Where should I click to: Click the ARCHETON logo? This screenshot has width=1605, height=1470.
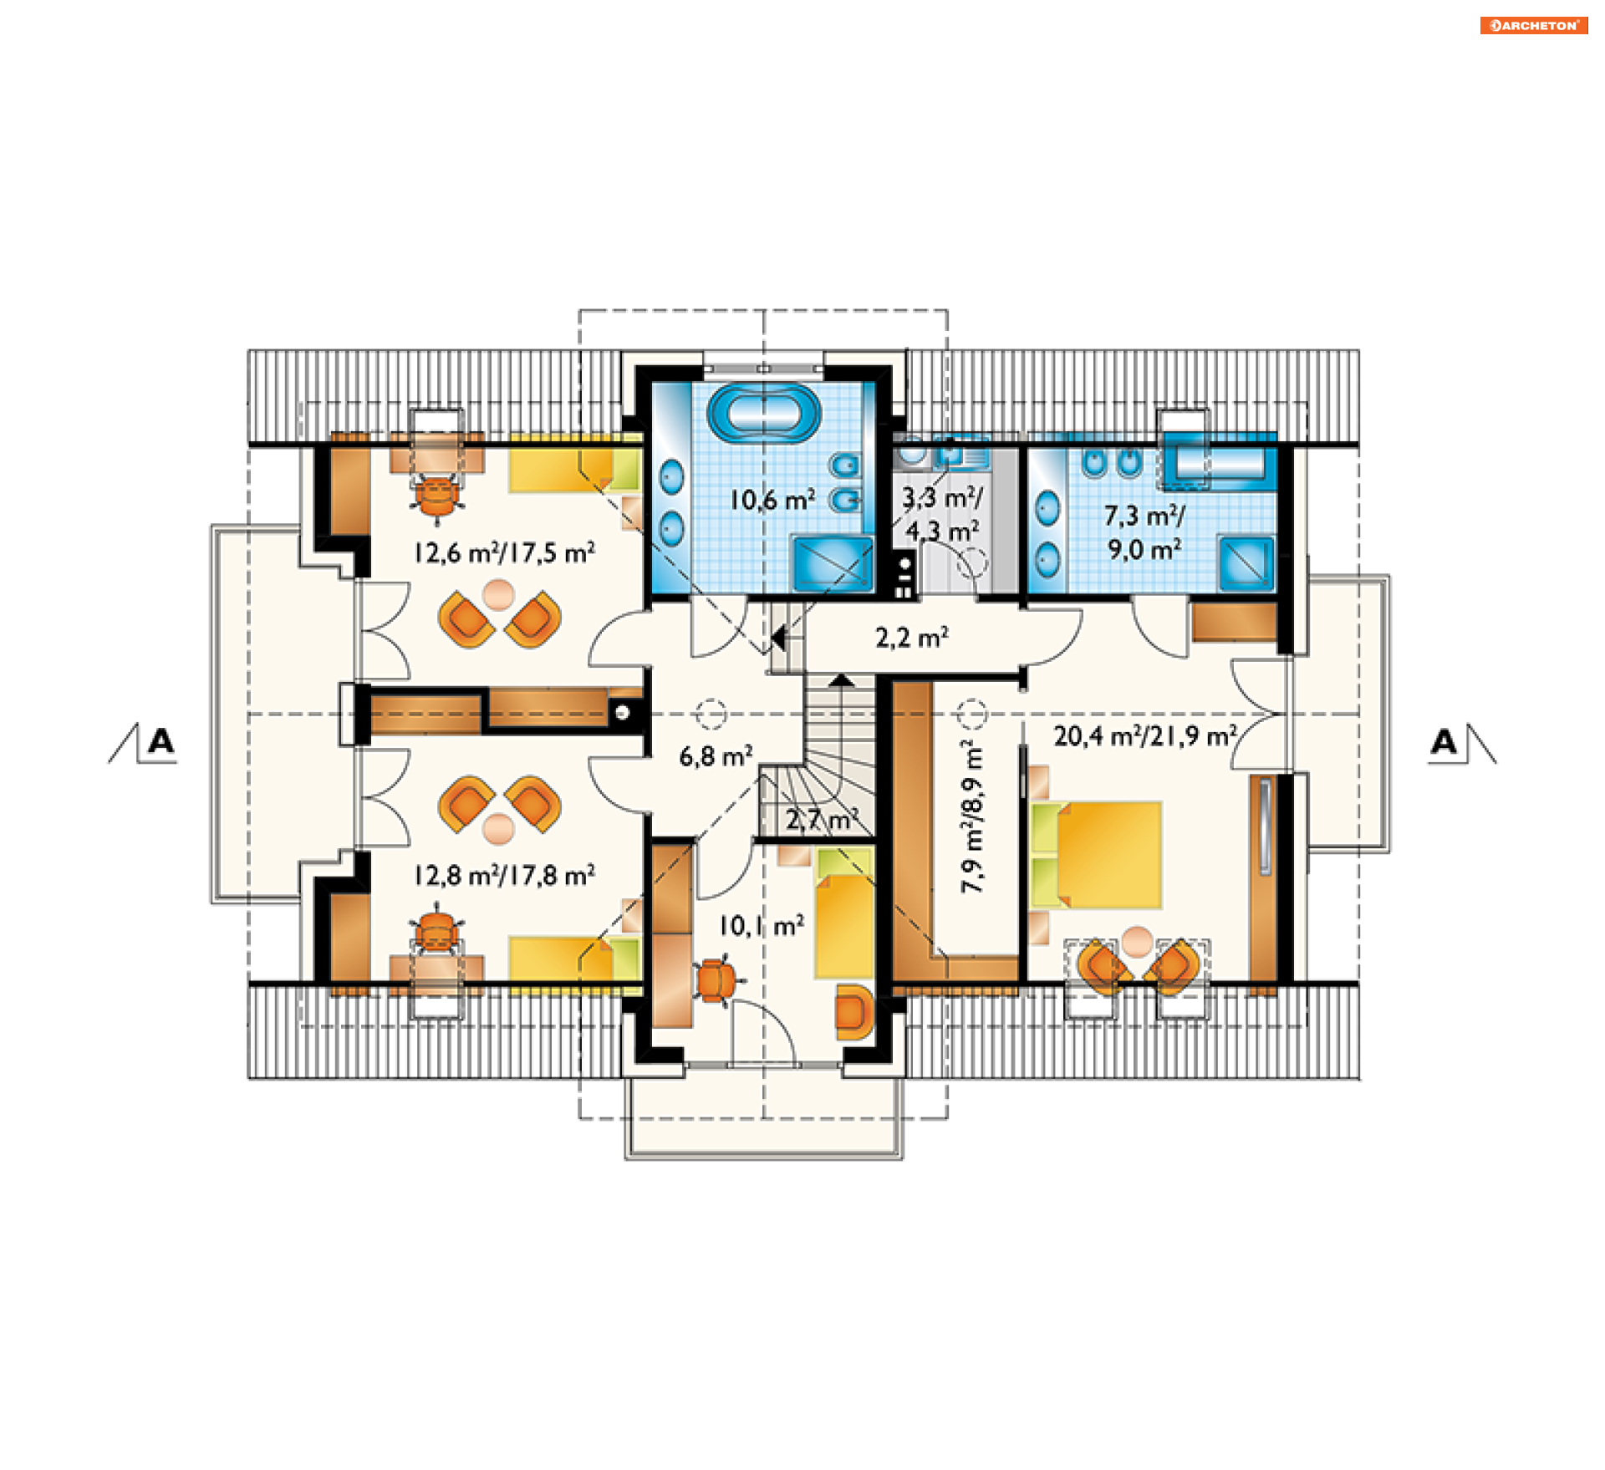(x=1533, y=25)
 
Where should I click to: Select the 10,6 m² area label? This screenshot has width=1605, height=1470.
(x=772, y=500)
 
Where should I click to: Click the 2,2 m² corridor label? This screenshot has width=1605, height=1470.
(x=912, y=638)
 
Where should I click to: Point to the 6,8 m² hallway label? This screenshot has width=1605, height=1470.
(x=716, y=755)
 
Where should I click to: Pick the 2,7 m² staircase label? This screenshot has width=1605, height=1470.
(x=822, y=820)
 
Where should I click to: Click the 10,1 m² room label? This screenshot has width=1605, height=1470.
(x=762, y=925)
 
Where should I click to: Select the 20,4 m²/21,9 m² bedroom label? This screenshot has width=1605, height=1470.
(x=1145, y=735)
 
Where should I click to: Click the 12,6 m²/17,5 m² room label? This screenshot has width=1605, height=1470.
(x=505, y=552)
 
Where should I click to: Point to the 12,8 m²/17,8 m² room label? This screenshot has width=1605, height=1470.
(x=505, y=875)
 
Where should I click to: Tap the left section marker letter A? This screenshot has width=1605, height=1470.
(x=160, y=740)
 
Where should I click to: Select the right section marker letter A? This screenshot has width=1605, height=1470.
(x=1444, y=741)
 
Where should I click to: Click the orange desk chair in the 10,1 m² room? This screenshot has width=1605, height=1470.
(x=715, y=979)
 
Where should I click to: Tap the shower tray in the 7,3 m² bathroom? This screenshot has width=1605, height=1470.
(x=1246, y=563)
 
